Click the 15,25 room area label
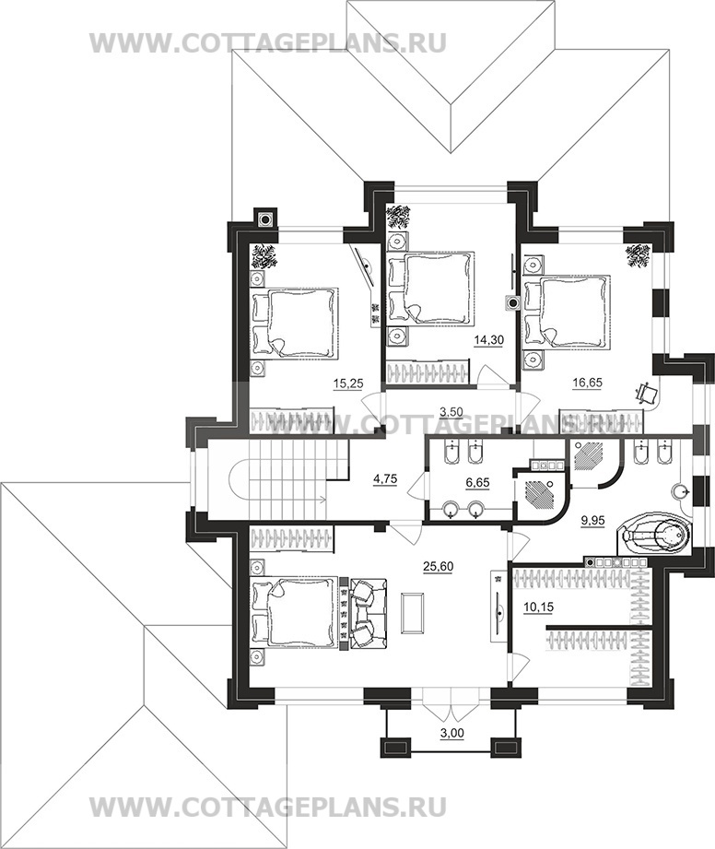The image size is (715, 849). (348, 383)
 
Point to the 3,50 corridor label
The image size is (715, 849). (451, 411)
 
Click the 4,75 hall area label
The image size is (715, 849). (385, 478)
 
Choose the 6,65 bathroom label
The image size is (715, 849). (478, 482)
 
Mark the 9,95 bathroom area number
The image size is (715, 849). (592, 520)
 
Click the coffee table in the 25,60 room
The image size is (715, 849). (413, 612)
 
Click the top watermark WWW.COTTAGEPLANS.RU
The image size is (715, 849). (268, 42)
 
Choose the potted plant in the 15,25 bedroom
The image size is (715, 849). (265, 256)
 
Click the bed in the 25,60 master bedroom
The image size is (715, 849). (295, 612)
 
